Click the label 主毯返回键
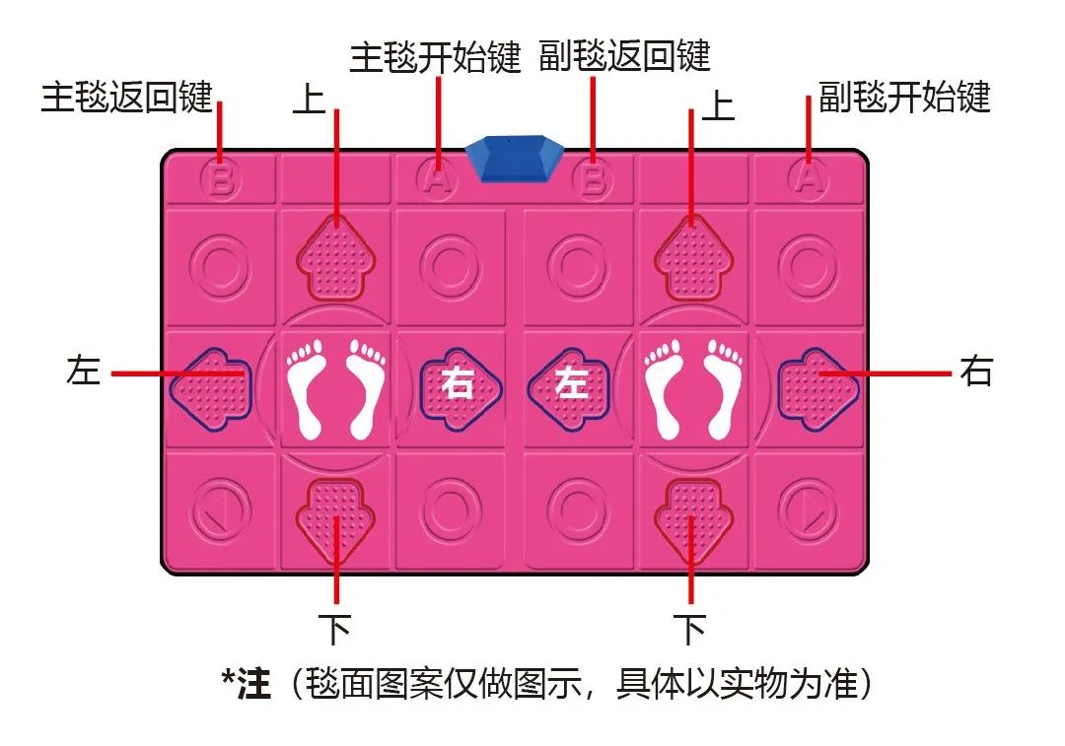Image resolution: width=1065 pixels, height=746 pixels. [x=126, y=98]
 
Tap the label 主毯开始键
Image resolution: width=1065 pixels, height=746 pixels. [x=435, y=58]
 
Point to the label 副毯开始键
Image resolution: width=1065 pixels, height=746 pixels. [x=904, y=98]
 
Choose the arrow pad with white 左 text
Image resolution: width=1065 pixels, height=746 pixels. [x=569, y=383]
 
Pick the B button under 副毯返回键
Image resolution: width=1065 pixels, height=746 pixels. [x=592, y=179]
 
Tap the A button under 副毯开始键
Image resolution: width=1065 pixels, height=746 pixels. [x=809, y=179]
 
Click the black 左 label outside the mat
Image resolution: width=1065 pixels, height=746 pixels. [x=83, y=373]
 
